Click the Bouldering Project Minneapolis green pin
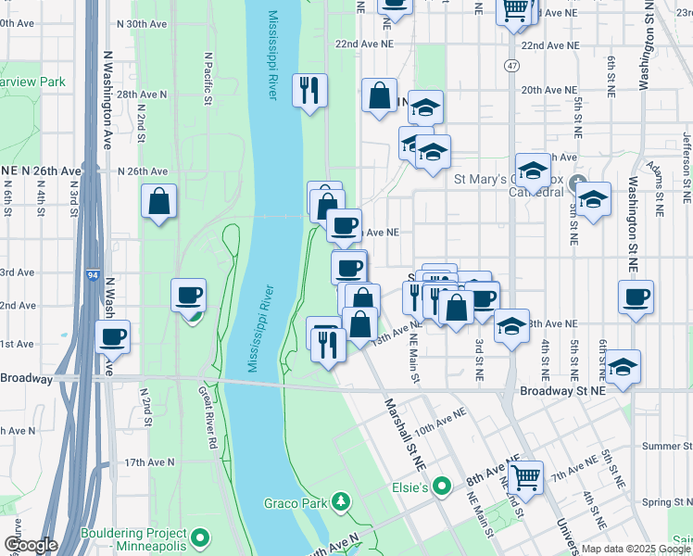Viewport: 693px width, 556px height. (198, 537)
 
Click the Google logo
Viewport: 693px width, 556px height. (30, 545)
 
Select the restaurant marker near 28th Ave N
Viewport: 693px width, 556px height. (309, 90)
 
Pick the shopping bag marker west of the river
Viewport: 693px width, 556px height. (159, 200)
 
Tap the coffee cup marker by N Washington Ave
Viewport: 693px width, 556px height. (113, 336)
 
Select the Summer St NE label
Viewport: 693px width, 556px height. (661, 446)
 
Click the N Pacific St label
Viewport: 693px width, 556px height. (208, 79)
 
